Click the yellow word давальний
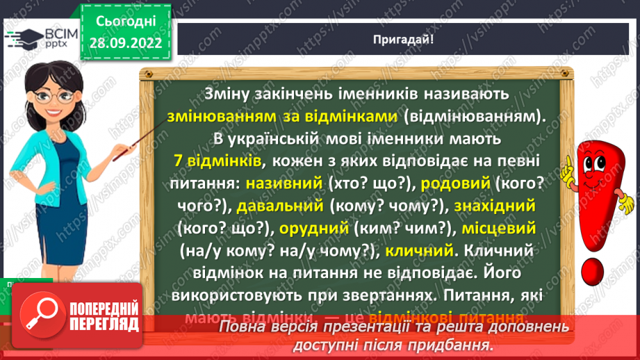click(x=280, y=205)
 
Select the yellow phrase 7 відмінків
click(x=218, y=160)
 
